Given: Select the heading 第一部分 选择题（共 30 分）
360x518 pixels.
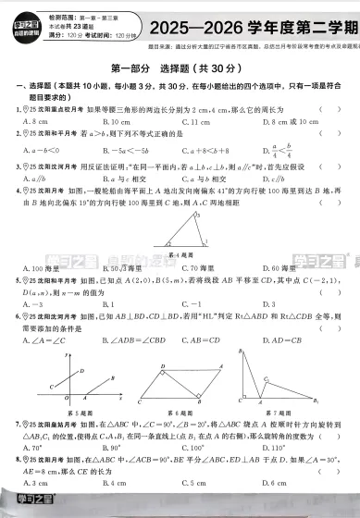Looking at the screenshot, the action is click(x=180, y=68).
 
